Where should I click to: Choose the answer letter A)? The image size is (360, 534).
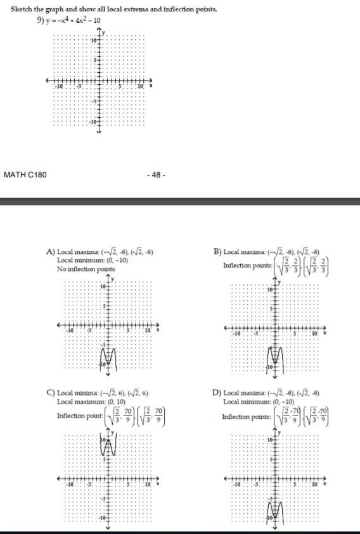pos(53,253)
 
